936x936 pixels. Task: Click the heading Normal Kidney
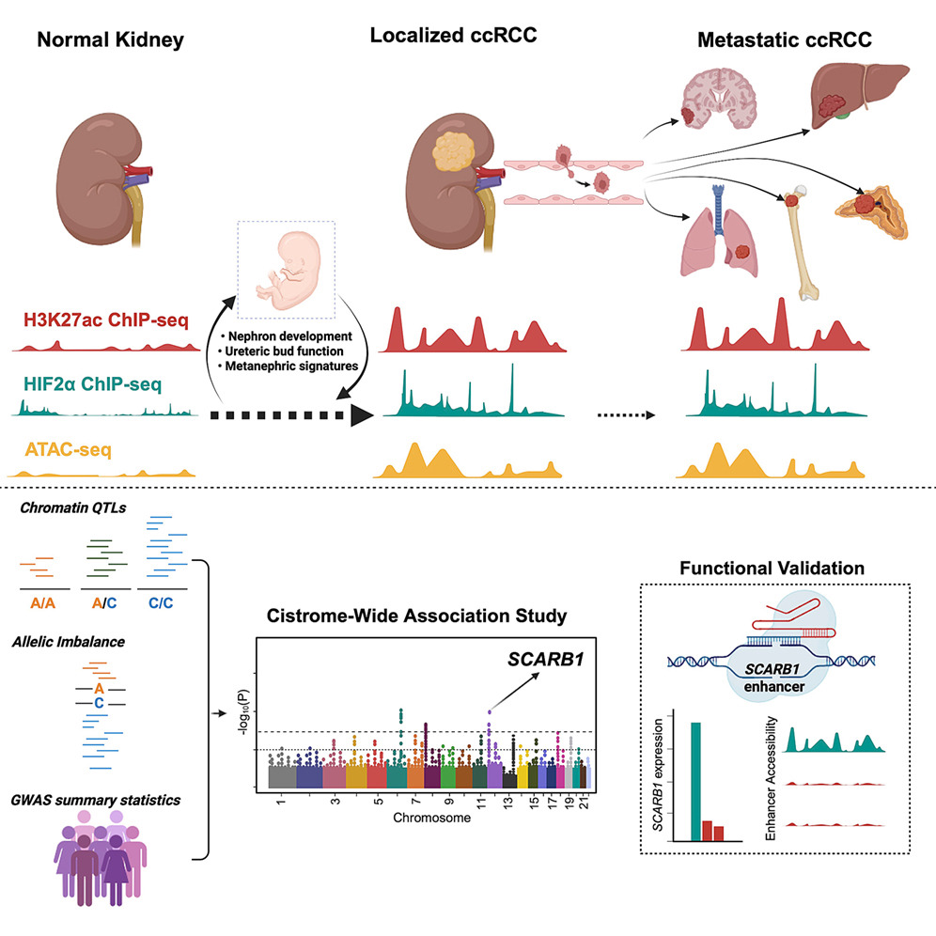tap(111, 40)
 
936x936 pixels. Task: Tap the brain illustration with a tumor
tap(718, 98)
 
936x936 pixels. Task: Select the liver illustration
tap(858, 96)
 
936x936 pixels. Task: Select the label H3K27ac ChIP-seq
tap(105, 320)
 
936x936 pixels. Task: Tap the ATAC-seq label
tap(68, 449)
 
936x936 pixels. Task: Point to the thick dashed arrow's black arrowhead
tap(362, 414)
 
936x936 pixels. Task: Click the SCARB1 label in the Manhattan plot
tap(546, 659)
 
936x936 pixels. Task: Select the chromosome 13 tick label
tap(508, 803)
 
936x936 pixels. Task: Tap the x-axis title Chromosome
tap(431, 818)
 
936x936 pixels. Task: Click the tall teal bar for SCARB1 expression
tap(695, 781)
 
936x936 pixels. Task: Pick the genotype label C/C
tap(161, 603)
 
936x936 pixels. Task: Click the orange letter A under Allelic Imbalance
tap(99, 689)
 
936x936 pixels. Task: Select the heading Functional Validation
tap(772, 568)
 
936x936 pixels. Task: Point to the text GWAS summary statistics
tap(96, 800)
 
